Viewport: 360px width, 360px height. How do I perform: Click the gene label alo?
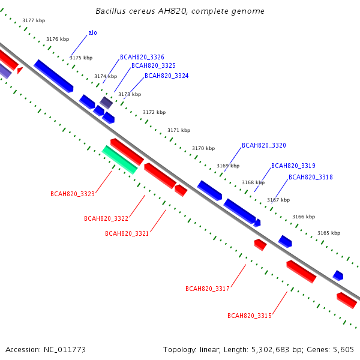click(92, 33)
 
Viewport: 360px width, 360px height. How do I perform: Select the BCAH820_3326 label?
click(142, 57)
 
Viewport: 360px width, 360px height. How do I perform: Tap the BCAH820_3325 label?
click(154, 65)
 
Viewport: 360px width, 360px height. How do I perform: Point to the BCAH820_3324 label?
click(166, 76)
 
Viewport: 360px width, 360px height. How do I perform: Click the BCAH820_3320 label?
click(264, 145)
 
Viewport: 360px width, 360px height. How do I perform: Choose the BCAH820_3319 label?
click(293, 166)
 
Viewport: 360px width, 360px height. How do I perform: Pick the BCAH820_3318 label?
click(310, 177)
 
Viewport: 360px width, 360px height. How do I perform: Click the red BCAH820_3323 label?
click(73, 194)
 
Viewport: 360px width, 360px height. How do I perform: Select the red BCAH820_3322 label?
click(106, 218)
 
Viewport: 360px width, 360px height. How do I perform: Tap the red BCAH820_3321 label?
click(127, 233)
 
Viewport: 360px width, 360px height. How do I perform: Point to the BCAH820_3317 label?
click(208, 289)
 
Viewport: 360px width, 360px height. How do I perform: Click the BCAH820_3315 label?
click(250, 316)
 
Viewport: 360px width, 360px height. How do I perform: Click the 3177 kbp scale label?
click(34, 20)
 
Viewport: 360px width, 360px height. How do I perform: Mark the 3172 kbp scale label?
click(154, 113)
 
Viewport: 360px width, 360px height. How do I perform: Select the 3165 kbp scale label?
click(329, 233)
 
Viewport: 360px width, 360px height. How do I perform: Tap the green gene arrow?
click(119, 160)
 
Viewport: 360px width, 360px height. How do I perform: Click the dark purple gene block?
click(106, 103)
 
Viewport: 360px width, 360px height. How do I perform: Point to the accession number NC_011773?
click(65, 350)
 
